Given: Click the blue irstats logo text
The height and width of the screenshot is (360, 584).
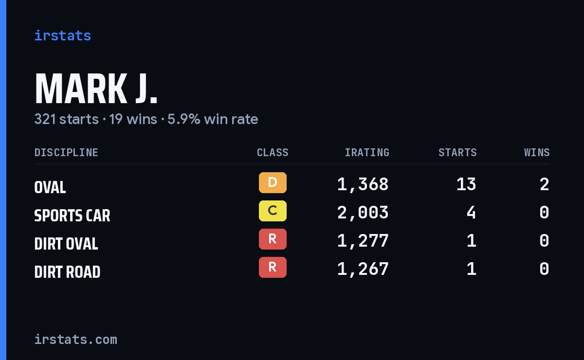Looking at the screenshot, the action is coord(63,36).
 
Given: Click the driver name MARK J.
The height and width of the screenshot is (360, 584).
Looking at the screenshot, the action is coord(96,89).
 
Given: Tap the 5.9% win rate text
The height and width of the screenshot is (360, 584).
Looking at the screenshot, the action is coord(213,119).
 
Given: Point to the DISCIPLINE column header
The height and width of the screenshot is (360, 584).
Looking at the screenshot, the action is coord(66,152).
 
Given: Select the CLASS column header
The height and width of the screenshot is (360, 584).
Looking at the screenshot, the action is coord(273,152).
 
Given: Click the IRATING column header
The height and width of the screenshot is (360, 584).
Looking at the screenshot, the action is coord(367,152).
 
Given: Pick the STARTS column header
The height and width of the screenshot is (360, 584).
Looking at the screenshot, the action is coord(457,152).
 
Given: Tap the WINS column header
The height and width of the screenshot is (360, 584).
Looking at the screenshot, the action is coord(537,152).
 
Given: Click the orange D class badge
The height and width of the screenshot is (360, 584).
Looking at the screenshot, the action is coord(273,182).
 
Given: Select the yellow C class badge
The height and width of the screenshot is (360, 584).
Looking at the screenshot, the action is coord(273,211).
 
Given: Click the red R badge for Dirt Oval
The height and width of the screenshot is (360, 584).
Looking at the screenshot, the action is coord(273,239).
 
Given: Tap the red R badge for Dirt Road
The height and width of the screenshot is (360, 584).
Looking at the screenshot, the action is coord(273,267).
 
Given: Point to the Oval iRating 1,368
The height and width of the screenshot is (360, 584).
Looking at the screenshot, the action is coord(363,184).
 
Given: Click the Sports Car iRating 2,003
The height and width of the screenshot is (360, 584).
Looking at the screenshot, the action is coord(363,213).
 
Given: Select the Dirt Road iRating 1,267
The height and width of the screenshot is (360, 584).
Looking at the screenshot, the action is coord(363,269).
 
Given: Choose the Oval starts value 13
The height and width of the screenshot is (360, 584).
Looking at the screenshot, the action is coord(466,184).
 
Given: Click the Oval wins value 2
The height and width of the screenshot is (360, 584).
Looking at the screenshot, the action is coord(545,184).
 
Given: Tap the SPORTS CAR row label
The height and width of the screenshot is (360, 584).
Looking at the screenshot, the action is coord(72,216).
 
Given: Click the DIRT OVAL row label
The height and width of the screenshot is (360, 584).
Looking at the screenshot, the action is coord(66,244).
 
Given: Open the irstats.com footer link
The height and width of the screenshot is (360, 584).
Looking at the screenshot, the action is coord(76,340).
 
